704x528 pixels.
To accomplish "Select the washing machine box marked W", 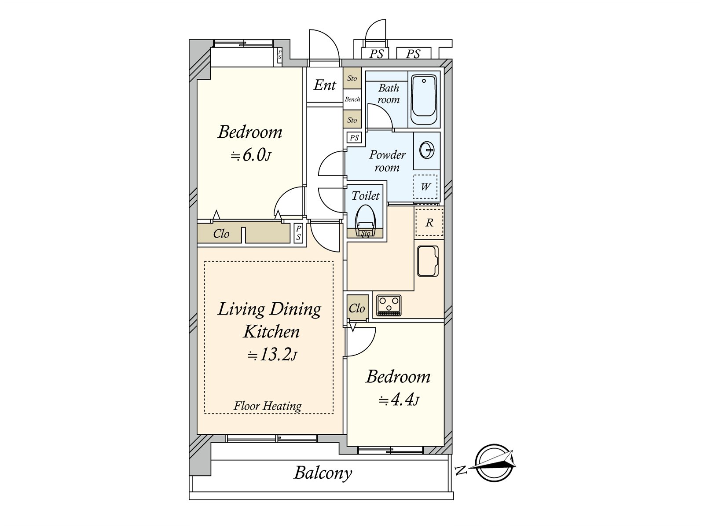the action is (x=425, y=187).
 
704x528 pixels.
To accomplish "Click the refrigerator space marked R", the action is (x=429, y=223).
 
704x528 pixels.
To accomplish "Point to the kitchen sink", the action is (x=428, y=261).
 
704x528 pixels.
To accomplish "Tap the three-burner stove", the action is (x=389, y=305).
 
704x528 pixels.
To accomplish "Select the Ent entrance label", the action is (x=325, y=85).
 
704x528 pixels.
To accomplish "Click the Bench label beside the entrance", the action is (x=352, y=99).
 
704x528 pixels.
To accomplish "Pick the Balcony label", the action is (x=323, y=473).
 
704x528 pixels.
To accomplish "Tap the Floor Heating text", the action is (x=268, y=406).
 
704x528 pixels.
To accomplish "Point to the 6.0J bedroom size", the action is (x=251, y=155).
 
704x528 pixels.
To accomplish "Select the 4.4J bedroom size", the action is (x=399, y=400).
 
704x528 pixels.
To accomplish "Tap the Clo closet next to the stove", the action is (x=357, y=308).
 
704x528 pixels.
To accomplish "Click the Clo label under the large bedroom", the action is (x=221, y=234).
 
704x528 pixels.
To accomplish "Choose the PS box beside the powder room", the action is (x=354, y=138).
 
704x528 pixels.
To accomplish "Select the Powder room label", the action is (x=387, y=161).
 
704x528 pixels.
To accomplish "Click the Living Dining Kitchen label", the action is (x=269, y=320).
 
